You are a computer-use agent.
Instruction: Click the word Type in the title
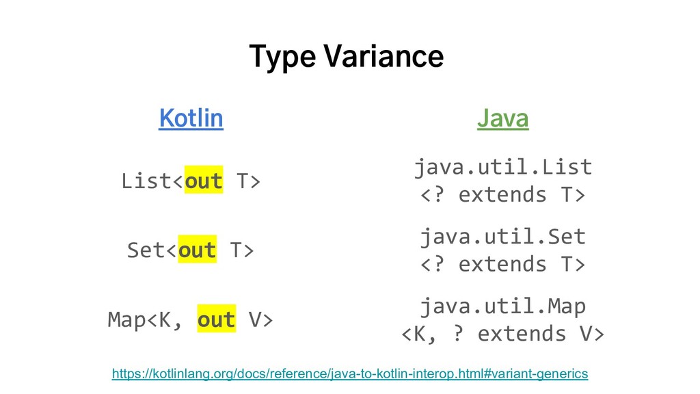coord(282,57)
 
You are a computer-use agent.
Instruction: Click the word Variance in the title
coord(383,56)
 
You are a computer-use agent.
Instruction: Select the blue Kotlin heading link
coord(191,118)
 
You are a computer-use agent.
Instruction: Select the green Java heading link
coord(502,118)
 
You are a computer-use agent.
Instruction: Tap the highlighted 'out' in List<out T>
coord(204,181)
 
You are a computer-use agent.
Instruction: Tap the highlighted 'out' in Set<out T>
coord(198,249)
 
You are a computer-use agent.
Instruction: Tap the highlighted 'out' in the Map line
coord(217,319)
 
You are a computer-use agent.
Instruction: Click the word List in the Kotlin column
coord(146,181)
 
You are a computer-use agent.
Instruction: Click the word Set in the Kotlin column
coord(146,249)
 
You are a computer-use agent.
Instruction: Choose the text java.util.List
coord(503,167)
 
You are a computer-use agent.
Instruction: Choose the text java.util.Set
coord(503,236)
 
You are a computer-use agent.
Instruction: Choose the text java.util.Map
coord(503,306)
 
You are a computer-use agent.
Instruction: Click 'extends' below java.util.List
coord(502,195)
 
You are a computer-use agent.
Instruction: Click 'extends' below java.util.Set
coord(502,264)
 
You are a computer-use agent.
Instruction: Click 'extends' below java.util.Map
coord(522,334)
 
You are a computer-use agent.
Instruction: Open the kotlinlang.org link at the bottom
coord(350,373)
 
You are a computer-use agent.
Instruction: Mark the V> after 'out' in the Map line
coord(260,320)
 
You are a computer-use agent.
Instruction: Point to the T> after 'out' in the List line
coord(248,181)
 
